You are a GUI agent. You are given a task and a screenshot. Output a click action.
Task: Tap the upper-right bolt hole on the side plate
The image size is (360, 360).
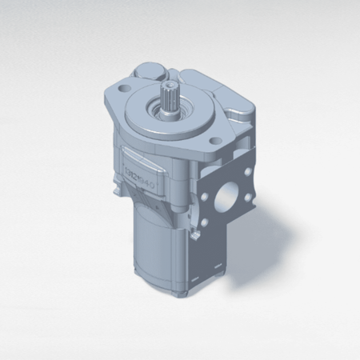pyautogui.click(x=246, y=170)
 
